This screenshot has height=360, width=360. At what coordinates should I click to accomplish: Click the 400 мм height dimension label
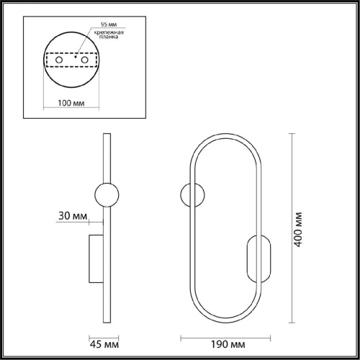(298, 230)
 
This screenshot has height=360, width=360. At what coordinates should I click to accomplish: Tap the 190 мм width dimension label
(228, 344)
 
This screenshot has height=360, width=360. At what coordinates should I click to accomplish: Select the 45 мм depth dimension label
(104, 345)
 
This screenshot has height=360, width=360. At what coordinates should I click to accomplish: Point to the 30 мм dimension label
(73, 216)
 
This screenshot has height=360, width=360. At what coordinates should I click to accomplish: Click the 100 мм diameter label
(71, 103)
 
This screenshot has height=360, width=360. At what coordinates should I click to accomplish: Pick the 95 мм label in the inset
(109, 24)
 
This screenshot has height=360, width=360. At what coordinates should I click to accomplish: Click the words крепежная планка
(109, 35)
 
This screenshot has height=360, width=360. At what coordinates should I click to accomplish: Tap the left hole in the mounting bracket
(59, 60)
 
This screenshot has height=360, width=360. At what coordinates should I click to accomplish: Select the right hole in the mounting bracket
(85, 60)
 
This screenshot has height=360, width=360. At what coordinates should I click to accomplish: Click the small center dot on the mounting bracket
(76, 57)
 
